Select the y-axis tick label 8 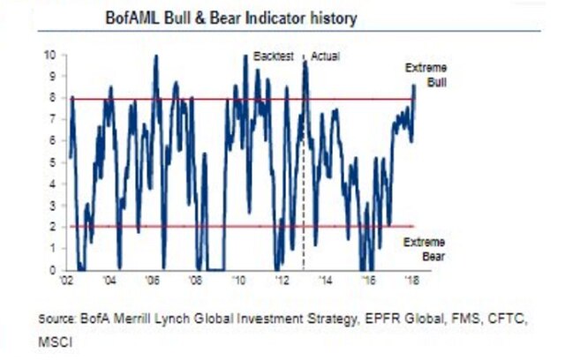[x=52, y=99]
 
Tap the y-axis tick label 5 [x=52, y=162]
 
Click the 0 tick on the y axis [x=52, y=269]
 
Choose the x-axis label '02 [x=67, y=281]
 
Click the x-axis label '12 [x=282, y=281]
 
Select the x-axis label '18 [x=411, y=281]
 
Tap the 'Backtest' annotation [x=273, y=56]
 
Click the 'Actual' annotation [x=325, y=56]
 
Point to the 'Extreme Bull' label [x=427, y=74]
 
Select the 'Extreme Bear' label [x=427, y=249]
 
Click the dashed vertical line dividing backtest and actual [x=304, y=176]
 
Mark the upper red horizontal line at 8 [x=353, y=99]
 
